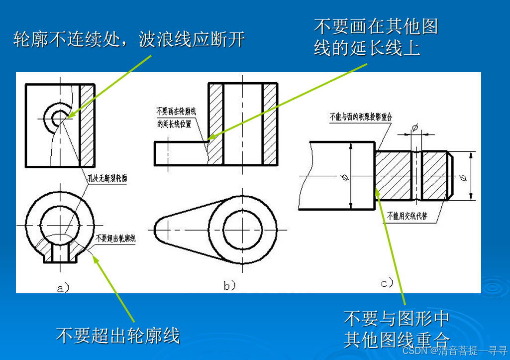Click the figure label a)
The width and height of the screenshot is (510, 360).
point(62,287)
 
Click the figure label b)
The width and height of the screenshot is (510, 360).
point(229,285)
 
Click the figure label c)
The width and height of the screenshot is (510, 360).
point(387,283)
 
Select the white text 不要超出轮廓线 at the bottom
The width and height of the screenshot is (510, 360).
point(117,335)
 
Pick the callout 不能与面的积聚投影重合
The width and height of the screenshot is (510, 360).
point(361,117)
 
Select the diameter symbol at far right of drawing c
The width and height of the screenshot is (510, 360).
point(463,176)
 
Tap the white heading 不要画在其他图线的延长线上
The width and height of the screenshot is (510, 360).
point(376,37)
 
